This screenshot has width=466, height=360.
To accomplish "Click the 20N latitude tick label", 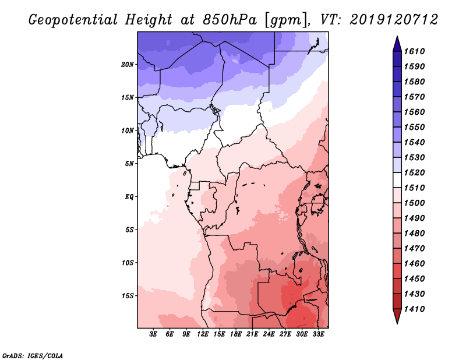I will (128, 64).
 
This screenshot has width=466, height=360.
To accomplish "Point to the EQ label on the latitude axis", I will (130, 196).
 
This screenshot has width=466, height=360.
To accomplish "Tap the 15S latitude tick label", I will (128, 295).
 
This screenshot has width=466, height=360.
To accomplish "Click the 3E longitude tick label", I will (154, 335).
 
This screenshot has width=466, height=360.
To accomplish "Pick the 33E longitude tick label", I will (318, 335).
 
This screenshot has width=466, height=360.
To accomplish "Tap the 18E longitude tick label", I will (236, 335).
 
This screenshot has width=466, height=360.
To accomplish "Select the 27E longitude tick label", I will (285, 335).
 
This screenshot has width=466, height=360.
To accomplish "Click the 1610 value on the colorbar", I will (416, 51).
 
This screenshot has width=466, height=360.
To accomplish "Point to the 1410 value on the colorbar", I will (416, 309).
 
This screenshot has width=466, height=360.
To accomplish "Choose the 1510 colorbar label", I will (416, 188).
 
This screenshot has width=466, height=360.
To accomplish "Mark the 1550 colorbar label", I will (416, 127).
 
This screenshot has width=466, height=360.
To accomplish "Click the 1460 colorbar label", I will (416, 263).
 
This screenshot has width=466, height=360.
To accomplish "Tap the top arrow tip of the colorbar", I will (397, 37).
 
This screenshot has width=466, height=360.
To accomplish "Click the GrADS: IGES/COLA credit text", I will (32, 355).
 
